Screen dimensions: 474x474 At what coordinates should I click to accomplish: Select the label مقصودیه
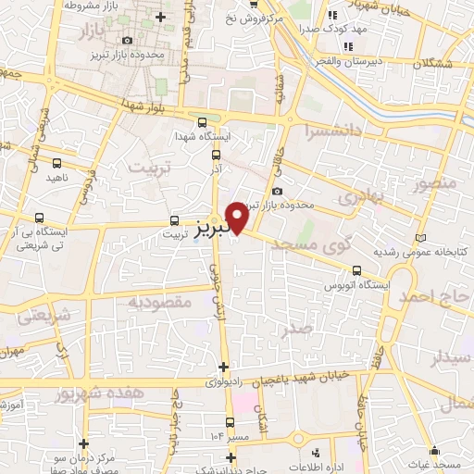(159, 302)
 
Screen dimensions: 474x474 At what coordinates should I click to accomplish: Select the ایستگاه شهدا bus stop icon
(203, 122)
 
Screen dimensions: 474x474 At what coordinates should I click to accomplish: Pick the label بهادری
(359, 198)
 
